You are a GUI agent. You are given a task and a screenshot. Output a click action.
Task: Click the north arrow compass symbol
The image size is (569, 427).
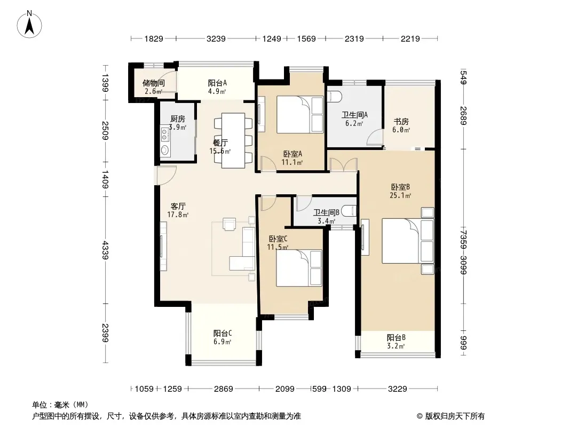point(29,25)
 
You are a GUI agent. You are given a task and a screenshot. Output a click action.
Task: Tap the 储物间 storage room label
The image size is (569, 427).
point(154,83)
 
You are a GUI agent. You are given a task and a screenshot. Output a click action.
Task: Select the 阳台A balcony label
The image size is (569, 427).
point(217,83)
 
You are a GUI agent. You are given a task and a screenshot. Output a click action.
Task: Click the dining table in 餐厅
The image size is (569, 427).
point(233,140)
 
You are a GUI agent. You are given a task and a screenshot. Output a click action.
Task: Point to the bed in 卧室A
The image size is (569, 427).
point(300,114)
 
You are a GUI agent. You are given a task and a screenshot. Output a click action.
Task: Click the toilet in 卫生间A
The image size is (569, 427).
point(334,96)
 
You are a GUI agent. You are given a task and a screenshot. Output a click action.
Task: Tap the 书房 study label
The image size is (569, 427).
point(401,122)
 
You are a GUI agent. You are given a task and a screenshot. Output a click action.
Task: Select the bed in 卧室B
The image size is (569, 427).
point(408,241)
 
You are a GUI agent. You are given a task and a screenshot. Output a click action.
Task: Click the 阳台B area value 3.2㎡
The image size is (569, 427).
point(396,346)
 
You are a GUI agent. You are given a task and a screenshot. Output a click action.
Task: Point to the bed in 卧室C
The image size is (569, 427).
point(299,268)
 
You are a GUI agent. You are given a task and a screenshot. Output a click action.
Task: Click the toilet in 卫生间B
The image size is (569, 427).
point(350,211)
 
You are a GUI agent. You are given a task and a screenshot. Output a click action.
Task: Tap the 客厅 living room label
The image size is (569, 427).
point(178,206)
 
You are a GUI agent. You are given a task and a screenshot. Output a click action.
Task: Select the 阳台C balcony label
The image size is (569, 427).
point(223,333)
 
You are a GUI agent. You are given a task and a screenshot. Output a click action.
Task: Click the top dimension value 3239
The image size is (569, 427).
point(216,38)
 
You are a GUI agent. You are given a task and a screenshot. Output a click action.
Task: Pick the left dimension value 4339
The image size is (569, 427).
point(105,250)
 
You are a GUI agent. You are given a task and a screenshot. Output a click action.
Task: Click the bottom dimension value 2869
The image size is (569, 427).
point(223,389)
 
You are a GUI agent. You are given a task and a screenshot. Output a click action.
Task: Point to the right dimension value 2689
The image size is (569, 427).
point(463,115)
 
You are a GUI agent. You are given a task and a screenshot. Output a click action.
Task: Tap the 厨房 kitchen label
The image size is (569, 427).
point(178,118)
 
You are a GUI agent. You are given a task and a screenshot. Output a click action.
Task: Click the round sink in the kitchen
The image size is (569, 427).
point(165,149)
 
